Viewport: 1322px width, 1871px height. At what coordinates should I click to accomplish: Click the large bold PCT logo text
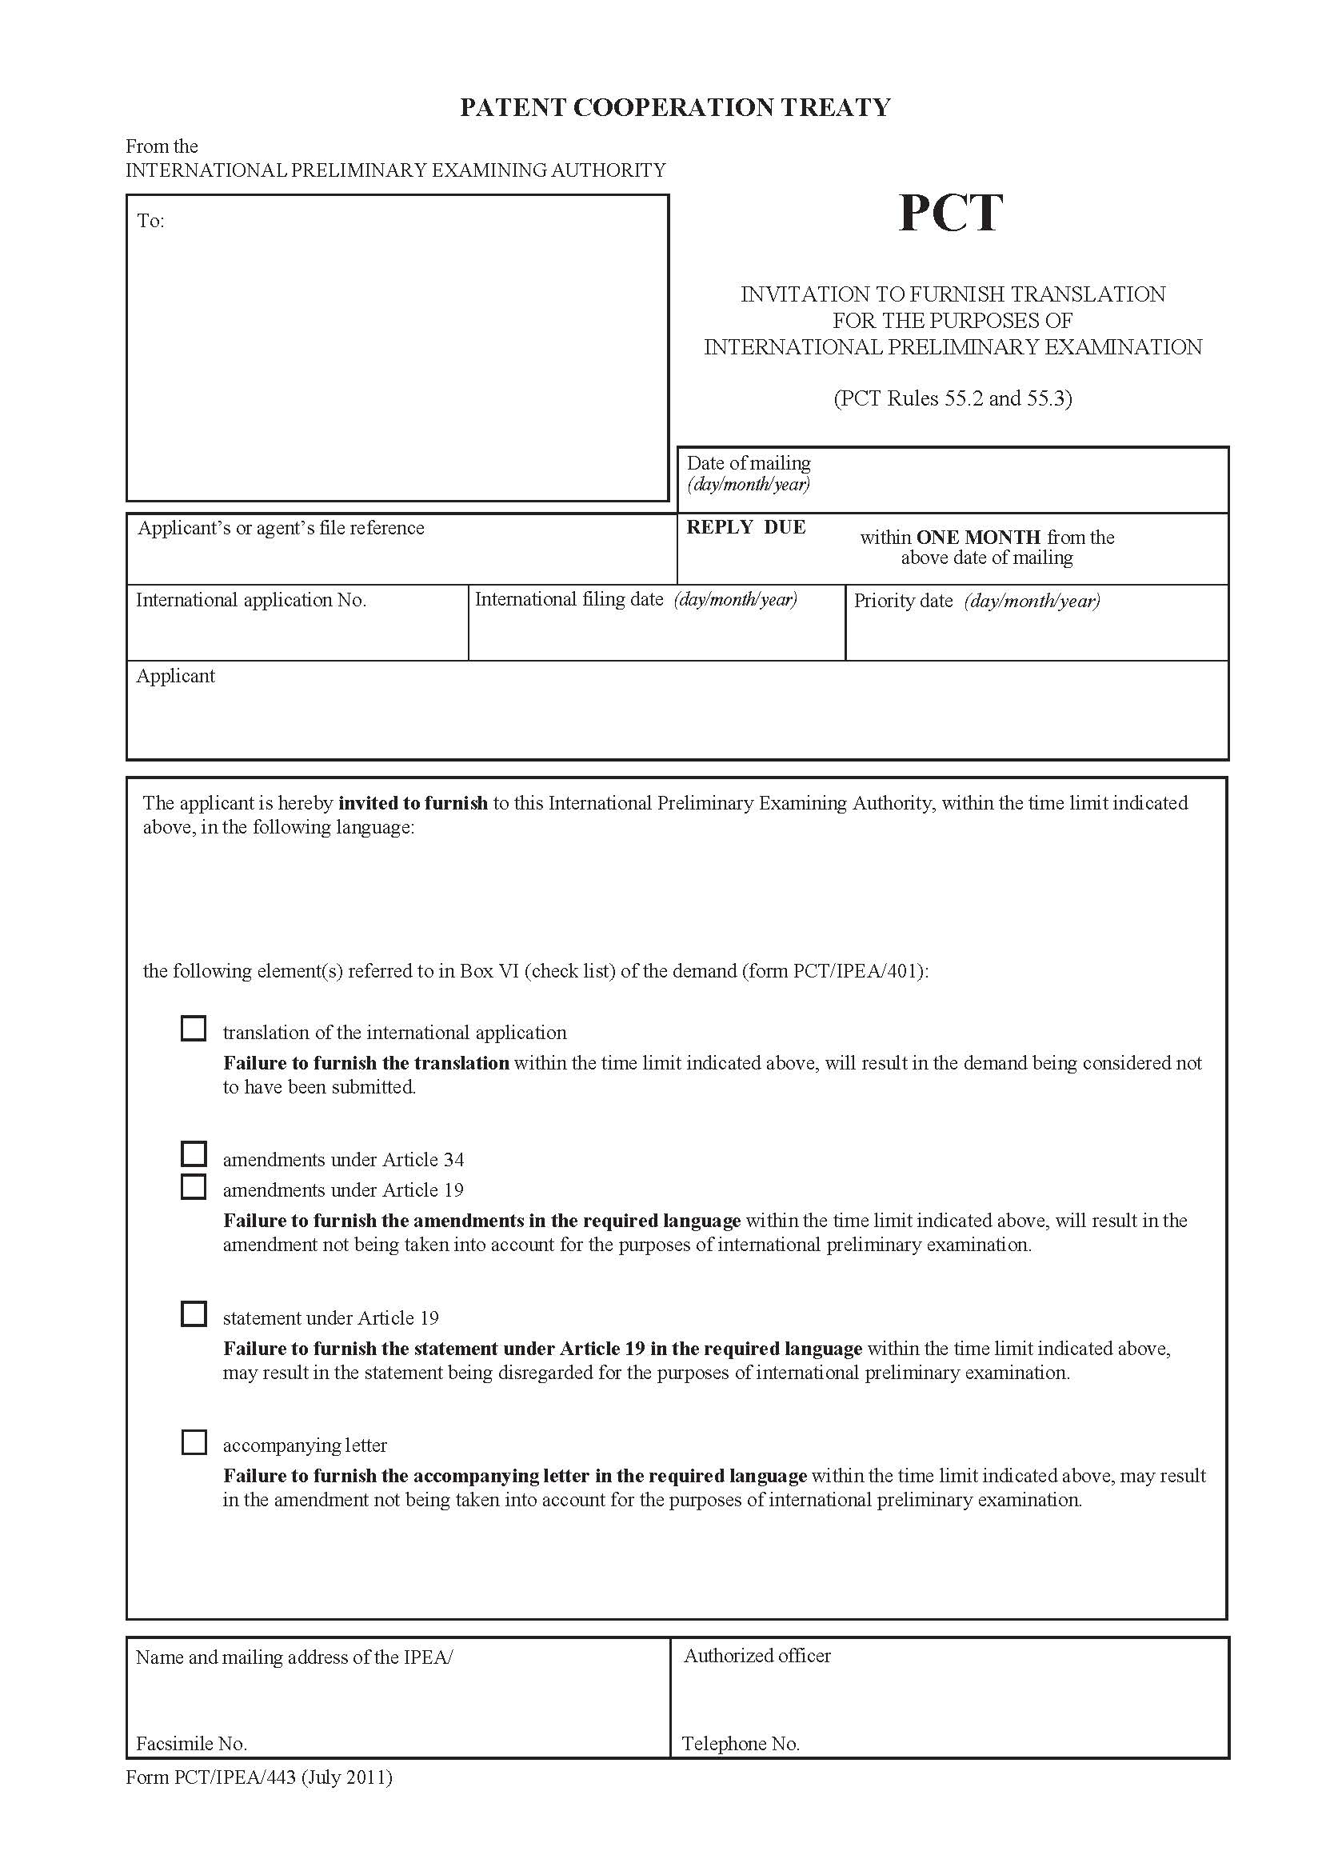tap(950, 214)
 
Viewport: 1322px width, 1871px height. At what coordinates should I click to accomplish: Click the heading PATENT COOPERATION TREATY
tap(675, 107)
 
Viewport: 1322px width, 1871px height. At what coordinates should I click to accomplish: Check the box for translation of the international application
tap(193, 1029)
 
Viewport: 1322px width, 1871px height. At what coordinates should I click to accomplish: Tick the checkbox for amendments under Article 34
tap(193, 1154)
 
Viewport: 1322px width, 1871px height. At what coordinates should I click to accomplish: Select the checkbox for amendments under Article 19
tap(193, 1186)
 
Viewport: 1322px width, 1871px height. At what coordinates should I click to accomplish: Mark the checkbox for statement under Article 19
tap(193, 1313)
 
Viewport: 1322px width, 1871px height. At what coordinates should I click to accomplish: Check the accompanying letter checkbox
tap(193, 1441)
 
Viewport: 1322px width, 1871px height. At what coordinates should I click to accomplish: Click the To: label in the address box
tap(150, 221)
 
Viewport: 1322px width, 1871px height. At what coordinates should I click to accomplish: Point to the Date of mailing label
tap(749, 463)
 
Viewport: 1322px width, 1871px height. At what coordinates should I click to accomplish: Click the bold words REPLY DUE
tap(746, 527)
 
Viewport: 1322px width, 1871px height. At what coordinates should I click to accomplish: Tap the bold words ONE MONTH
tap(978, 537)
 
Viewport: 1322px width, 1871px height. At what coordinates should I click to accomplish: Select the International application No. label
tap(251, 600)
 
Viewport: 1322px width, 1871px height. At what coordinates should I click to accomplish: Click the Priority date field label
tap(902, 601)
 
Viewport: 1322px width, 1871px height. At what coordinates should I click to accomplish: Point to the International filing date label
tap(569, 599)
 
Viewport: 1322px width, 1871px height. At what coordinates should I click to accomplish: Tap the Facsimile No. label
tap(191, 1743)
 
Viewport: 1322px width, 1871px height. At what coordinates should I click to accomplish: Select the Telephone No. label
tap(741, 1743)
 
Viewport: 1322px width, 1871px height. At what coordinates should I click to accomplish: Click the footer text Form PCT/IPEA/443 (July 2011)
tap(259, 1777)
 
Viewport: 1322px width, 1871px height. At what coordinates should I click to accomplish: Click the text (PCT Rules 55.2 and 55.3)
tap(953, 398)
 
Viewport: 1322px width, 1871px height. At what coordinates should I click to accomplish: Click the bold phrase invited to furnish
tap(413, 802)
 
